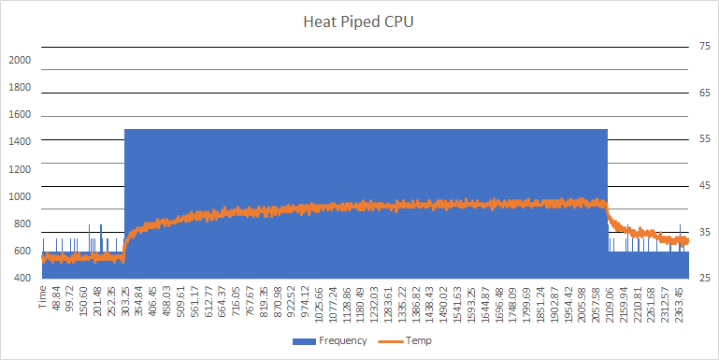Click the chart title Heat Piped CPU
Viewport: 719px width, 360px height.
coord(359,22)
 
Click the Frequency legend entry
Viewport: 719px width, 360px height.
coord(341,341)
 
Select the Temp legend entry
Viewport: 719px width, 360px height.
coord(418,341)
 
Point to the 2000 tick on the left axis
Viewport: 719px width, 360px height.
coord(20,60)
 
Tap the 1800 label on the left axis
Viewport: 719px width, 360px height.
coord(20,87)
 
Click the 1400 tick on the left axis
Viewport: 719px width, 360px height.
coord(20,142)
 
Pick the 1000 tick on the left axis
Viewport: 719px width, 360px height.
coord(20,196)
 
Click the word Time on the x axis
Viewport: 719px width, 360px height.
coord(43,298)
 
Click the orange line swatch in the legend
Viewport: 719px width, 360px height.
coord(392,341)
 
